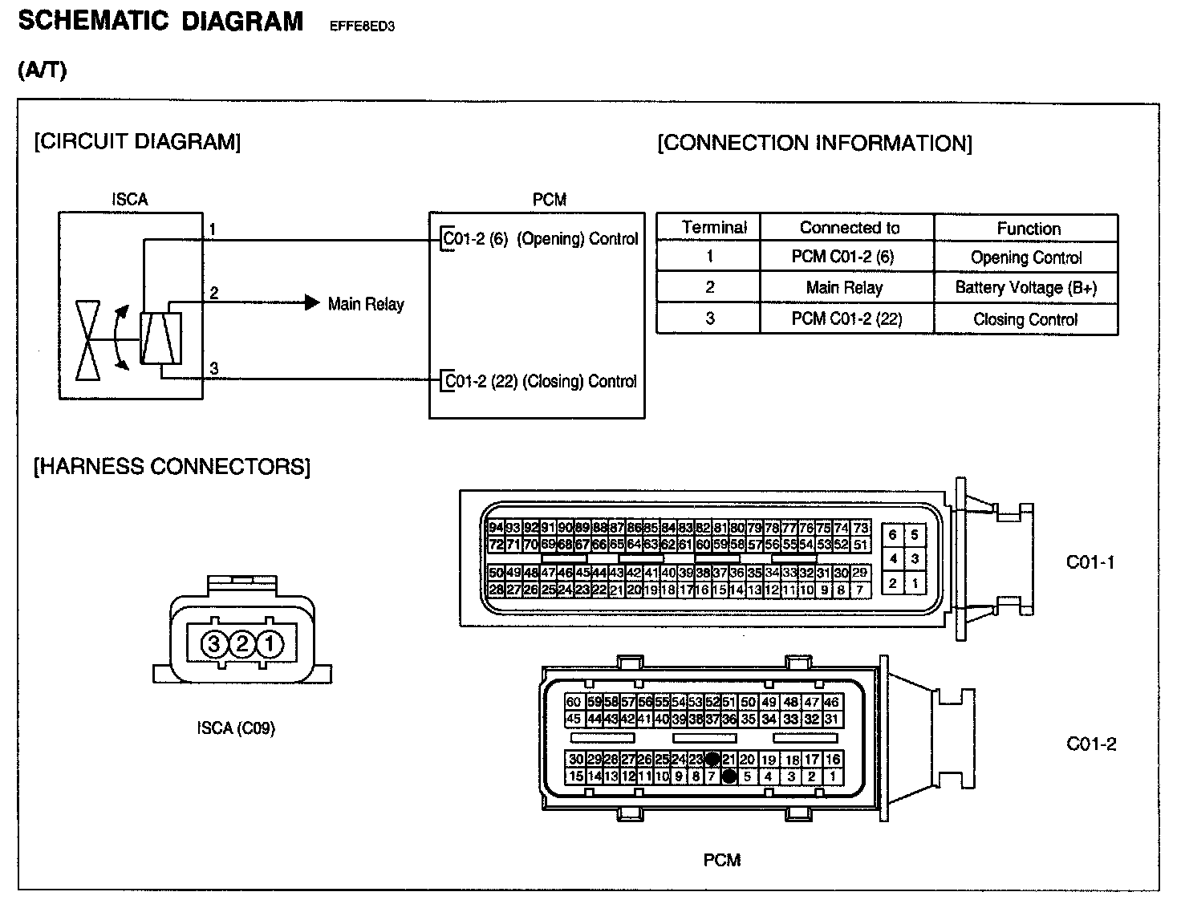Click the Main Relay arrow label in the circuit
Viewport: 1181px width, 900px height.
[x=366, y=304]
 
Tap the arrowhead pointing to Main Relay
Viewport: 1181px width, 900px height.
[x=312, y=303]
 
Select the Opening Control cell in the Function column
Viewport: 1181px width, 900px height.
[x=1026, y=257]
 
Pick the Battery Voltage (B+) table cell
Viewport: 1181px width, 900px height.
[x=1026, y=288]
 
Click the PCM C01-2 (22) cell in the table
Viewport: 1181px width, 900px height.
[x=846, y=318]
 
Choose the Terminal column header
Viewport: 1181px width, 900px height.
[x=713, y=228]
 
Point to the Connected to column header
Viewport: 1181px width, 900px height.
[x=850, y=228]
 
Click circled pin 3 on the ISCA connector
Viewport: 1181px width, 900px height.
[x=214, y=643]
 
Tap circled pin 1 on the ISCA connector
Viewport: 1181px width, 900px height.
[x=270, y=643]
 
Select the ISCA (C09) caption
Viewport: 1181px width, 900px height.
[x=236, y=728]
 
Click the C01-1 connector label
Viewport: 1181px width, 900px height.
[x=1090, y=562]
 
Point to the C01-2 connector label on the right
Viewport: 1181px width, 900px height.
[x=1091, y=744]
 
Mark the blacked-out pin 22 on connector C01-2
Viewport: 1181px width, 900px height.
[x=712, y=759]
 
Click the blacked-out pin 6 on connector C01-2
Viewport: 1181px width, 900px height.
[x=729, y=776]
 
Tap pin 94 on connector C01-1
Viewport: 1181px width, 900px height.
[x=496, y=528]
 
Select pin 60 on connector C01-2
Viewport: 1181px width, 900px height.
[x=574, y=702]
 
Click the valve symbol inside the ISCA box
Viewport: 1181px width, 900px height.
[x=87, y=340]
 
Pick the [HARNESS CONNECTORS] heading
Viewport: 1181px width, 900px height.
[x=172, y=467]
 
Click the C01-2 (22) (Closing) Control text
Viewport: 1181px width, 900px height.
[x=541, y=381]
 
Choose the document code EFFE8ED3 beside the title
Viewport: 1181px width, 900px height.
[x=362, y=26]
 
